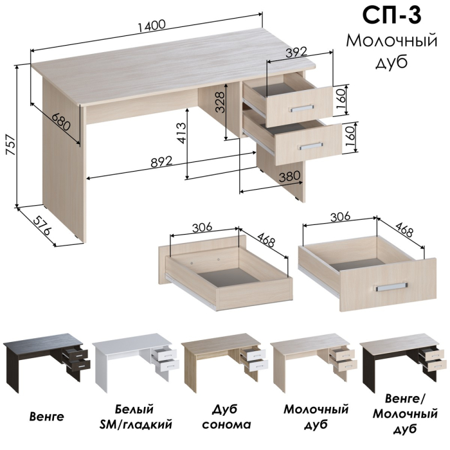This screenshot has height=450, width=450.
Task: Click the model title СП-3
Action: coord(392,16)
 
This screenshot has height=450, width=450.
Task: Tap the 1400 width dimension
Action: coord(152,26)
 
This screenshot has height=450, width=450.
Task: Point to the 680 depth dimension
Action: coord(62,122)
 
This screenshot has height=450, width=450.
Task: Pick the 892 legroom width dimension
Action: coord(161,162)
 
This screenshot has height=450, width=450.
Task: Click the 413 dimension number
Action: coord(181,133)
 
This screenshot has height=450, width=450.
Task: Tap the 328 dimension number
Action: coord(221,102)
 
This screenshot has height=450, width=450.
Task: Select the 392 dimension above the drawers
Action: coord(297,52)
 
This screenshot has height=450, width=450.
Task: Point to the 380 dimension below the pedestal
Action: coord(289,176)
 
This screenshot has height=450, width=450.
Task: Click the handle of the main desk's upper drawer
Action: coord(301,109)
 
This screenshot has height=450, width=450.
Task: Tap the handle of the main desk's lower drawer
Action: coord(310,146)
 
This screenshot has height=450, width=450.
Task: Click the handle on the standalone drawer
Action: coord(392,287)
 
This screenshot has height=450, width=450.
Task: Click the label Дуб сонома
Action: coord(226,417)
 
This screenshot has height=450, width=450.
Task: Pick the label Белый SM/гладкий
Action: coord(136,417)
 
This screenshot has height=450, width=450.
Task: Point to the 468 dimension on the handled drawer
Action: coord(404,228)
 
